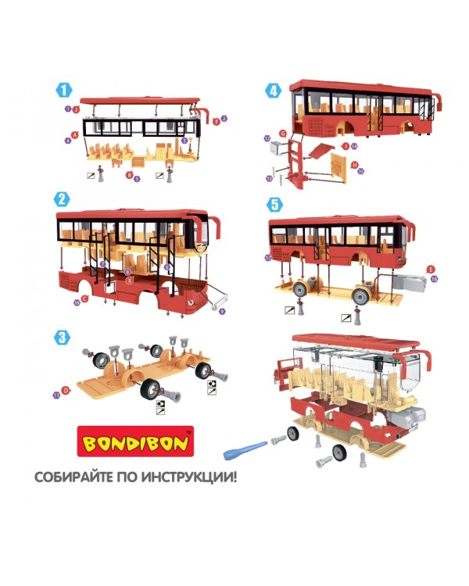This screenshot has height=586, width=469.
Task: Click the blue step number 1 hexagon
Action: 62,90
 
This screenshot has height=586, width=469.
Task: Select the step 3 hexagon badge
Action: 62,338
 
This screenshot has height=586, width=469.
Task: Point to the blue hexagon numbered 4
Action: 273,90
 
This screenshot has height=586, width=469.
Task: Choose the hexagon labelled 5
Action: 273,204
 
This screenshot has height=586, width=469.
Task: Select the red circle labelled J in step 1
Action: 76,109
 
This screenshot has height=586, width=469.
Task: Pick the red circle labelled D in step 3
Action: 66,388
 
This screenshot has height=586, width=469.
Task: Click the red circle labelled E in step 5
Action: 429,269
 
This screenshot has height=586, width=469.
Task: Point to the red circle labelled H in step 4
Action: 354,165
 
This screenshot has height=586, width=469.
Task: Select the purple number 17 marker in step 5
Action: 267,256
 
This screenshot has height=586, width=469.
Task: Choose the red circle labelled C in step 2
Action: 84,299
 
